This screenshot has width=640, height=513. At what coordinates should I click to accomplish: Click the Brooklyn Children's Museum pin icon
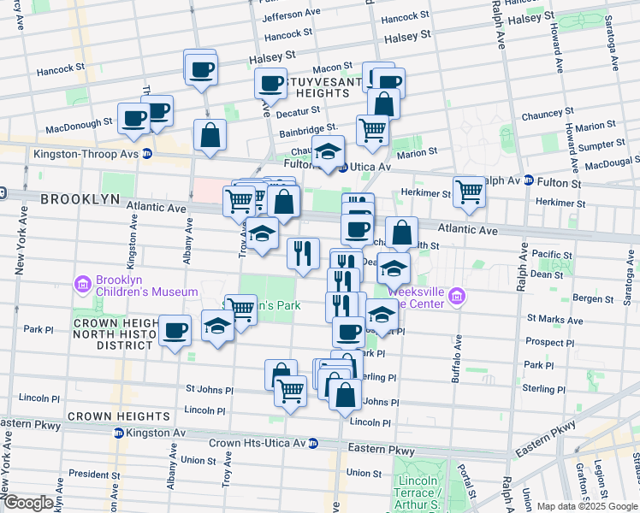(x=83, y=283)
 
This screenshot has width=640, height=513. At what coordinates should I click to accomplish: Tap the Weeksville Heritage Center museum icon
(x=458, y=297)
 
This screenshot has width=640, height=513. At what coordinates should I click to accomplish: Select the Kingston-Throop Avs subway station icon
(x=147, y=155)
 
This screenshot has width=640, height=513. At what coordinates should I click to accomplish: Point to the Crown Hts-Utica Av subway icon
(x=313, y=444)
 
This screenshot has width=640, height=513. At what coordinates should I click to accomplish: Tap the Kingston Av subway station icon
(x=119, y=433)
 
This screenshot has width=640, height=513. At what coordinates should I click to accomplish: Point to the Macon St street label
(x=332, y=67)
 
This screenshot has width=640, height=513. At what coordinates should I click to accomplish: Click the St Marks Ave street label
(x=554, y=320)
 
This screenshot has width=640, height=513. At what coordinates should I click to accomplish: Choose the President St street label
(x=89, y=474)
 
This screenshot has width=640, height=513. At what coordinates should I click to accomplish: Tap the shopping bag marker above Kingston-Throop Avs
(x=210, y=134)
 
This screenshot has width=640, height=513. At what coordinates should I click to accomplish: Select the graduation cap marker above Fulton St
(x=328, y=151)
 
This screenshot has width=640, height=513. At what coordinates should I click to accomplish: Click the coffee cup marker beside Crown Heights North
(x=175, y=330)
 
